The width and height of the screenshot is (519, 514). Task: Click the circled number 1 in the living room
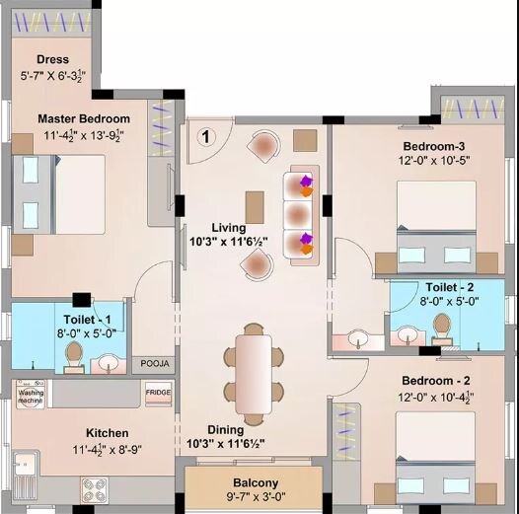point(207,136)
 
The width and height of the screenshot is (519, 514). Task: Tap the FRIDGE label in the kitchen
point(158,393)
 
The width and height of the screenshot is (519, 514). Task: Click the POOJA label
point(155,364)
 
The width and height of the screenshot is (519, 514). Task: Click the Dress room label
point(52,59)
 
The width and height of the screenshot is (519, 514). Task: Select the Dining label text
point(226,429)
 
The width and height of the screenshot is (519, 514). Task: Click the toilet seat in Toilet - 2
point(442,328)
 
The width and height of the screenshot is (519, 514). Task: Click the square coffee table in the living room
point(254,203)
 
